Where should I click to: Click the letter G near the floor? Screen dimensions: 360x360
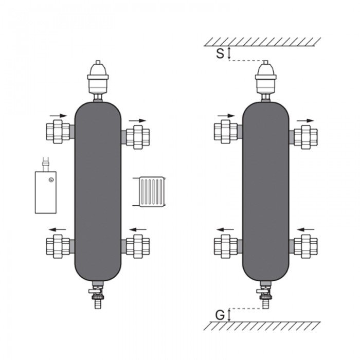pyautogui.click(x=220, y=314)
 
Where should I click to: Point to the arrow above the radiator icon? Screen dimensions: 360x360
pyautogui.click(x=138, y=121)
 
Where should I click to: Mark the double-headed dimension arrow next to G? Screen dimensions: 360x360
pyautogui.click(x=230, y=314)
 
